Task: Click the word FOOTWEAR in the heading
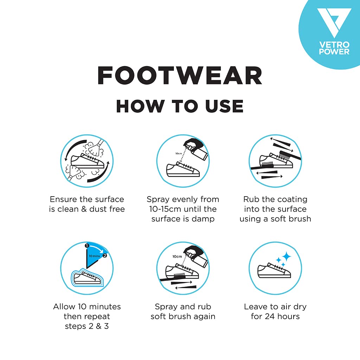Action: click(180, 76)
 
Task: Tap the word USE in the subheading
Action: click(224, 106)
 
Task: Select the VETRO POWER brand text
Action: click(334, 48)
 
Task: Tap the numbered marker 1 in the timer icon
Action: click(87, 246)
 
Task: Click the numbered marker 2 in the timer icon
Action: click(105, 256)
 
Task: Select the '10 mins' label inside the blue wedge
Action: click(94, 256)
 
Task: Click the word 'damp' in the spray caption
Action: click(203, 219)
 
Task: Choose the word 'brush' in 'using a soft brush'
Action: click(299, 219)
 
